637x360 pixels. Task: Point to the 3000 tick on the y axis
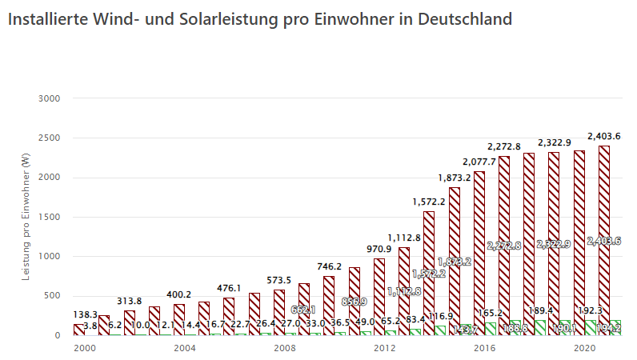pyautogui.click(x=50, y=98)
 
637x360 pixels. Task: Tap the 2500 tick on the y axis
pyautogui.click(x=50, y=138)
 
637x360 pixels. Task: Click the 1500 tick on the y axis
pyautogui.click(x=50, y=217)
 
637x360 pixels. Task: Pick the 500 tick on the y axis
pyautogui.click(x=52, y=296)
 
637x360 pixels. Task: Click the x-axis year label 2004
pyautogui.click(x=184, y=349)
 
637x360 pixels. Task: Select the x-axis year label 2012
pyautogui.click(x=384, y=349)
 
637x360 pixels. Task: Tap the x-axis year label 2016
pyautogui.click(x=484, y=349)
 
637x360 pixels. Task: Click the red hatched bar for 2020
pyautogui.click(x=579, y=240)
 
